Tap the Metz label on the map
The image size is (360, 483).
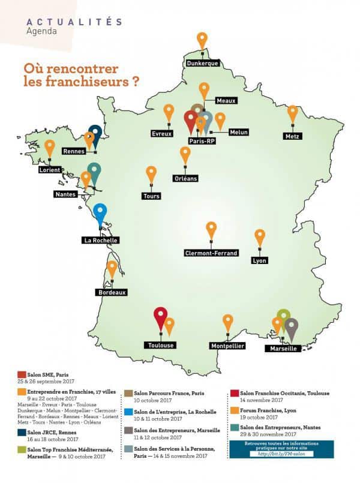[x=293, y=136]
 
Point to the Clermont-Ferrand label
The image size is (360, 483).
[x=211, y=253]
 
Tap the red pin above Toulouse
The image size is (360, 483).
[x=160, y=317]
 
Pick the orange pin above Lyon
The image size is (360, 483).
[x=260, y=236]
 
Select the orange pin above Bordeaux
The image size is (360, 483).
[x=112, y=269]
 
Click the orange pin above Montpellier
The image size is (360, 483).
[x=228, y=322]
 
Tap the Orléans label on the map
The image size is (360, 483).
[x=185, y=178]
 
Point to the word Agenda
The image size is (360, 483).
[x=42, y=31]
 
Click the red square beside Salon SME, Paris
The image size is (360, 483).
[x=22, y=374]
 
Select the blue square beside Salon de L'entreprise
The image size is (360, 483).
[x=128, y=413]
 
